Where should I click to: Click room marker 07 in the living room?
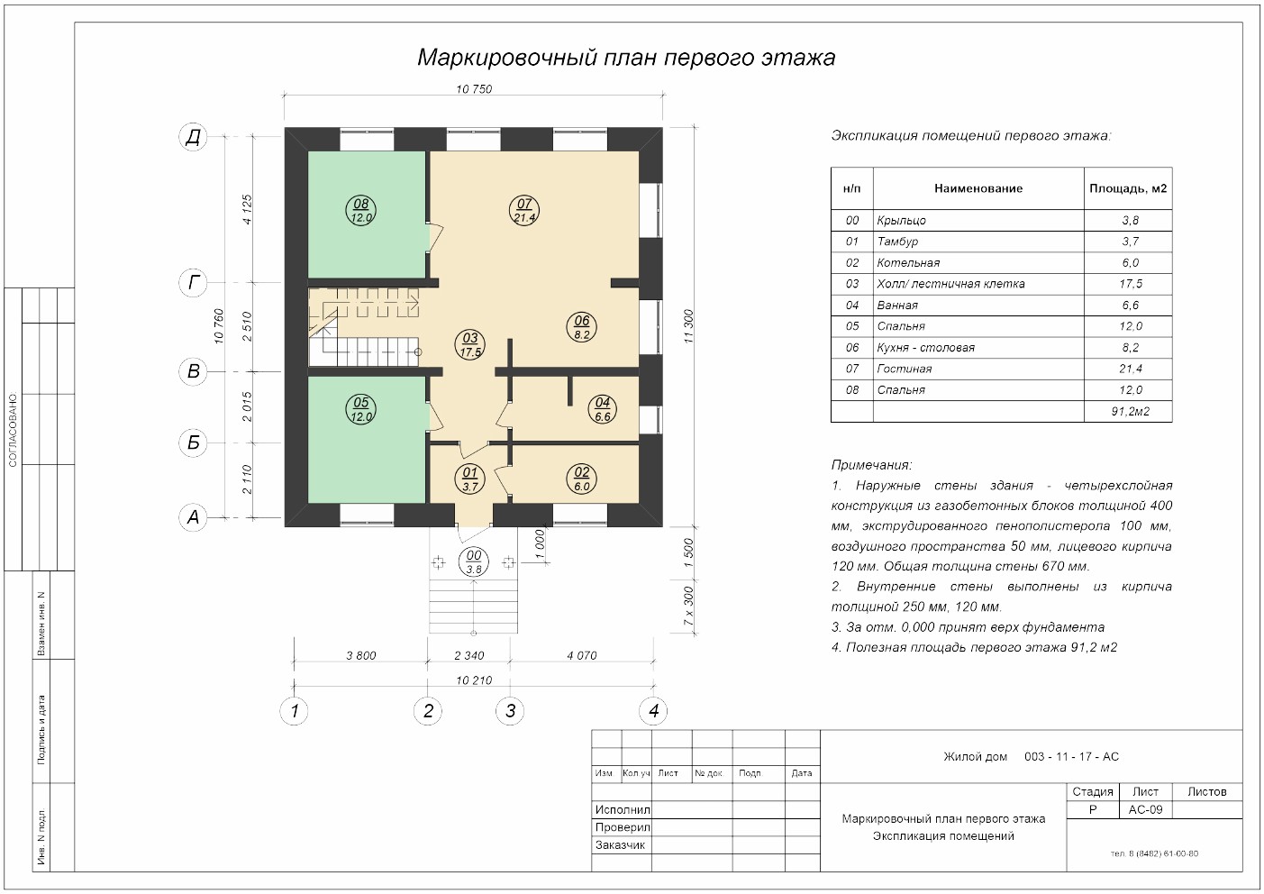524,211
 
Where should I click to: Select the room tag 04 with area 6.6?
602,409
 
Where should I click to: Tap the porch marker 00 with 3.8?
474,562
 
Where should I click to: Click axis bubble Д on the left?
193,137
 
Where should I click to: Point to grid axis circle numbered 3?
510,710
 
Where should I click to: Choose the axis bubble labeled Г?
193,282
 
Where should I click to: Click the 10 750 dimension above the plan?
474,89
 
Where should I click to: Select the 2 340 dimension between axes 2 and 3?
469,655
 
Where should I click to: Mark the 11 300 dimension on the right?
688,326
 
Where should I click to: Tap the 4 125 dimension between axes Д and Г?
247,209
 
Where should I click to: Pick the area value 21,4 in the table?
1131,369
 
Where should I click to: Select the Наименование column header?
978,188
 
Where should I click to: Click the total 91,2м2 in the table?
1131,412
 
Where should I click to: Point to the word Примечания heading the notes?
871,465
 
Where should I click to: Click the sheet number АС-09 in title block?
1145,809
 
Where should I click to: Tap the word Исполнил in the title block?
623,809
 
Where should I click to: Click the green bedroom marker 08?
361,211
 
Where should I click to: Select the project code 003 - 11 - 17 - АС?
1071,756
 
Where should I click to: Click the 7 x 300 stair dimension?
688,606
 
